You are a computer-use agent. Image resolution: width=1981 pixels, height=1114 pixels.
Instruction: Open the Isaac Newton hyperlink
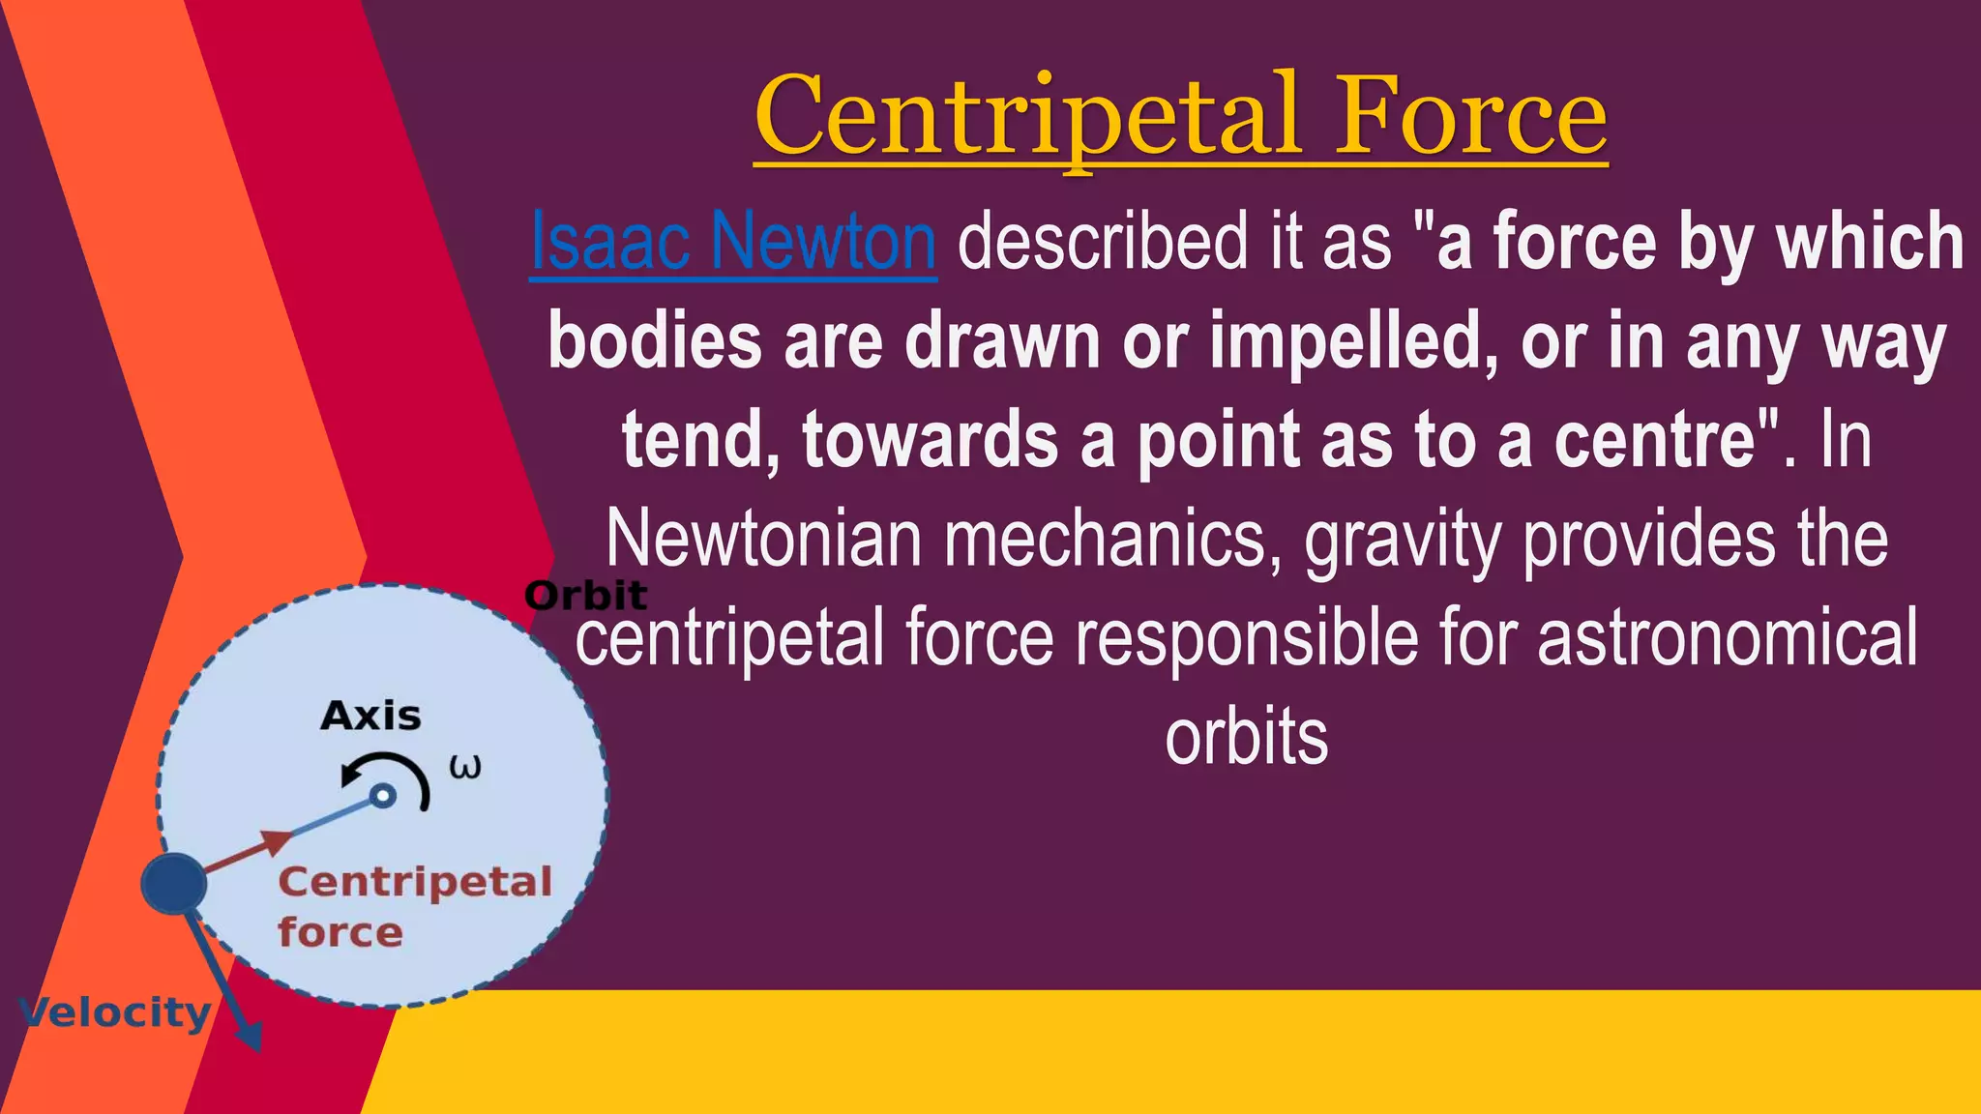click(x=733, y=242)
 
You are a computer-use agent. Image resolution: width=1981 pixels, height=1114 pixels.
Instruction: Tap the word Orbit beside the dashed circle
click(x=585, y=596)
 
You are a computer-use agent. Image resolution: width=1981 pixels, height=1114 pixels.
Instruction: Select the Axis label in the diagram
click(x=370, y=717)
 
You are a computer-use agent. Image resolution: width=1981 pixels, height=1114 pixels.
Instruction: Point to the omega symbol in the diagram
click(x=465, y=768)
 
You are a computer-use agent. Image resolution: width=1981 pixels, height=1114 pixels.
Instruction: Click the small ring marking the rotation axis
click(x=383, y=796)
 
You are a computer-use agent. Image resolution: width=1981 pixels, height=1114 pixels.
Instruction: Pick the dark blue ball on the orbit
click(x=174, y=884)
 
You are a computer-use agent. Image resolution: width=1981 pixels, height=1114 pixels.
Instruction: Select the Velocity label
click(x=114, y=1012)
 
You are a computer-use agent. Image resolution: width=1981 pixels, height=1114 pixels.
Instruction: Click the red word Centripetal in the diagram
click(x=415, y=882)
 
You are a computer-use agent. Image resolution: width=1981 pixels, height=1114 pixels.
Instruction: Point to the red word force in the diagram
click(x=340, y=933)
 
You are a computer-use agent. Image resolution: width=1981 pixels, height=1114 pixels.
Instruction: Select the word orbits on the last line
click(x=1247, y=739)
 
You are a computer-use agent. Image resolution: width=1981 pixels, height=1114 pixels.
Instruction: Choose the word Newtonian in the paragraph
click(x=763, y=540)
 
